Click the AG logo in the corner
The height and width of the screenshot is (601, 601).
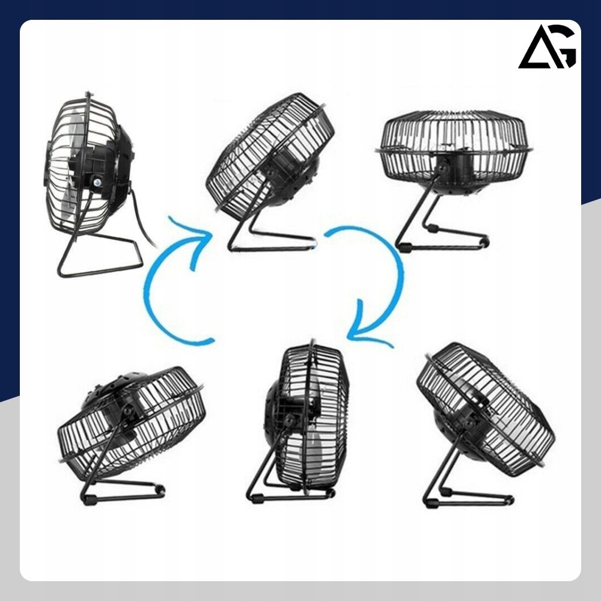(547, 46)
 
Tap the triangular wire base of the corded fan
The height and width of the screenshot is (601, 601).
(100, 253)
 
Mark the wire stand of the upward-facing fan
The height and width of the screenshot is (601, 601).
(441, 226)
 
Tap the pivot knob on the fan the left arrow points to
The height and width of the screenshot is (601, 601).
(270, 173)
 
